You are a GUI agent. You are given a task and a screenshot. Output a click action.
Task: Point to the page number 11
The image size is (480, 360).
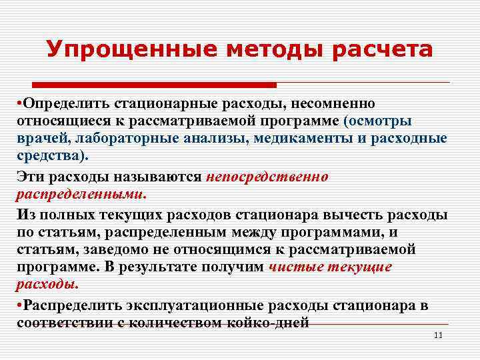tap(438, 335)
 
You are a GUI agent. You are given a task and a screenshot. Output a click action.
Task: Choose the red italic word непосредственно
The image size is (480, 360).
tap(267, 177)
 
